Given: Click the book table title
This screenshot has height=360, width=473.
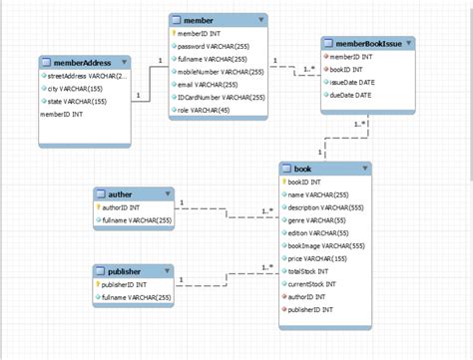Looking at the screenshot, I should pos(303,169).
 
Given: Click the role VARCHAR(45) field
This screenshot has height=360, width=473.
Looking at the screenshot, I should pos(206,111).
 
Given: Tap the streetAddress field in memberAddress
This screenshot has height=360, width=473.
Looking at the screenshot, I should pos(84,76).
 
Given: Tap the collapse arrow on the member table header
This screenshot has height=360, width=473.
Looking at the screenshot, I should pos(261,19).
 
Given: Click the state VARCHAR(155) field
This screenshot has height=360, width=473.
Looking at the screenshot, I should pos(75,102).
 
